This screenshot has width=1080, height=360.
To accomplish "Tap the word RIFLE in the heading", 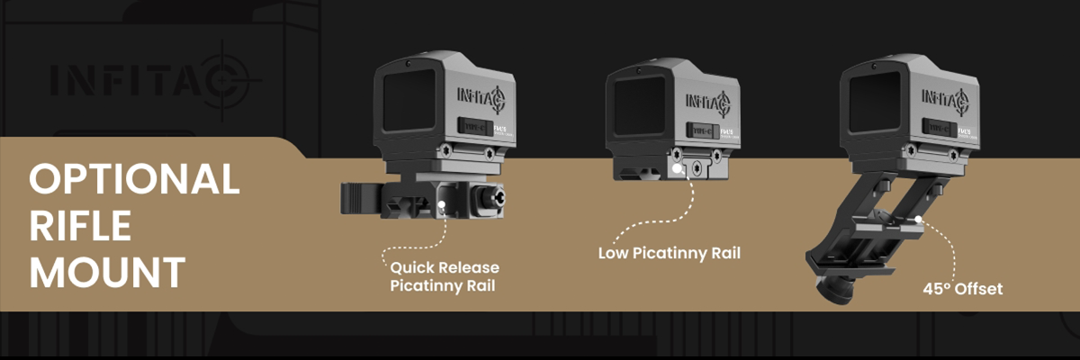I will [x=81, y=226].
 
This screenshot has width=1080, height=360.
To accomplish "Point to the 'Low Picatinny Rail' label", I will [x=669, y=253].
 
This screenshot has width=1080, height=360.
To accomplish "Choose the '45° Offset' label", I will [x=962, y=289].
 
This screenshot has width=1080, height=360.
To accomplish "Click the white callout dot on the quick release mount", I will [x=441, y=206].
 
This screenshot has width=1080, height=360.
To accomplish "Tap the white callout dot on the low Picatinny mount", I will [x=676, y=168].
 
